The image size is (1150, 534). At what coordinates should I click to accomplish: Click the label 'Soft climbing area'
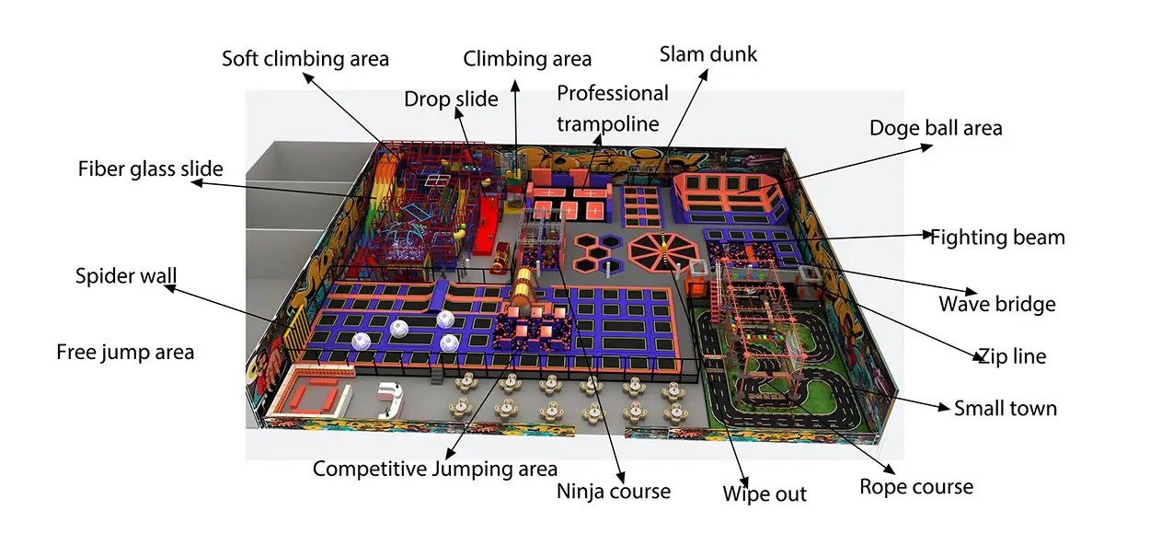[x=305, y=59]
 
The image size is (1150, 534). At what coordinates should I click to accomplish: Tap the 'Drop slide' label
[x=451, y=99]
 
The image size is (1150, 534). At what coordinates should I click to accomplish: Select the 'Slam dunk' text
[x=708, y=54]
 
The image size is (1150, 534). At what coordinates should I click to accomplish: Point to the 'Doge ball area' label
[x=936, y=128]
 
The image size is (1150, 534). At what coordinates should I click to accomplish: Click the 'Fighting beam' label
[x=997, y=238]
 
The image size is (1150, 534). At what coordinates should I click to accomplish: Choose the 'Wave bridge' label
[x=997, y=304]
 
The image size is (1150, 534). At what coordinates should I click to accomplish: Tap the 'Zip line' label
[x=1012, y=355]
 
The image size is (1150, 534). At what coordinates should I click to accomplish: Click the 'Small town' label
[x=1006, y=409]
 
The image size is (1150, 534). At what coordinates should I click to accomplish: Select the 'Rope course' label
[x=916, y=487]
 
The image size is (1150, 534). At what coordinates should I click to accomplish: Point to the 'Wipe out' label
[x=765, y=493]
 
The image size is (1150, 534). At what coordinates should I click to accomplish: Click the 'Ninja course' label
[x=614, y=492]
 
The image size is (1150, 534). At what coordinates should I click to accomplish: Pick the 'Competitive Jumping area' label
[x=435, y=469]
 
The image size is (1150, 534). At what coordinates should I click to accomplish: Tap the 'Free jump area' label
[x=125, y=353]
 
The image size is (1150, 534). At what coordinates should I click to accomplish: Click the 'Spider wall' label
[x=126, y=276]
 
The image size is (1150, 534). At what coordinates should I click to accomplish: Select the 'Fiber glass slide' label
[x=151, y=168]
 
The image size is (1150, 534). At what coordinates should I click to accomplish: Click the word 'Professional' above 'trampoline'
[x=613, y=94]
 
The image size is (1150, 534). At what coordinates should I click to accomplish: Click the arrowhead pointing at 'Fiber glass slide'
[x=197, y=182]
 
